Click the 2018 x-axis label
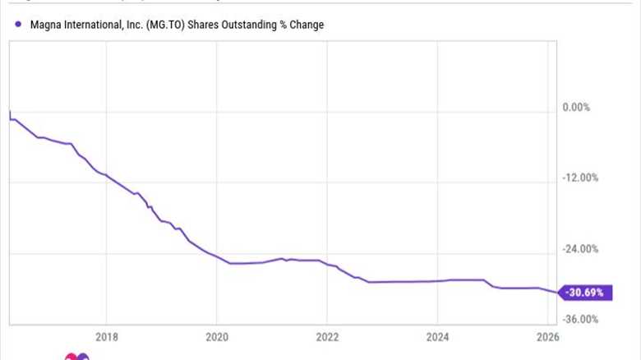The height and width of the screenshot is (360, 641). tap(106, 336)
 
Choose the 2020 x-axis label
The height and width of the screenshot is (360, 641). tap(217, 336)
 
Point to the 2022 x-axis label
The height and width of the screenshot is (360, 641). tap(327, 336)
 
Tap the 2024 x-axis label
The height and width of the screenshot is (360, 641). tap(438, 336)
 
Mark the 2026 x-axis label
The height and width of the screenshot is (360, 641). tap(548, 336)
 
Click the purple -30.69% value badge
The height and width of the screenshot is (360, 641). tap(586, 292)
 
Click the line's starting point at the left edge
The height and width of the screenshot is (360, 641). tap(10, 111)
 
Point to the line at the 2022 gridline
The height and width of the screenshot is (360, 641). tap(327, 264)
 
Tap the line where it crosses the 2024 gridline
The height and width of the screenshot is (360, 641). tap(438, 281)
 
